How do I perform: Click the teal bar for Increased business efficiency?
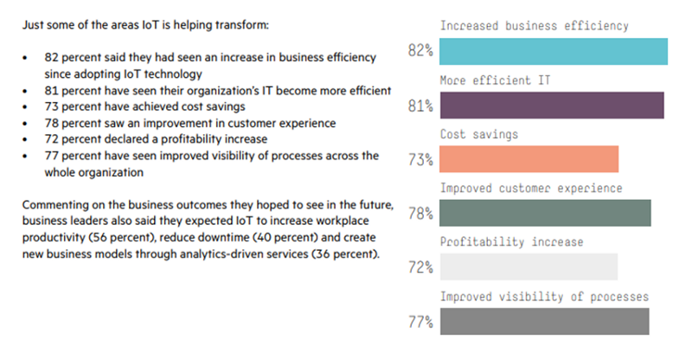554,52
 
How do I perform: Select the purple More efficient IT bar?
552,106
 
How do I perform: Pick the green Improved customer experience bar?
545,213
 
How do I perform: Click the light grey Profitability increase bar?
529,267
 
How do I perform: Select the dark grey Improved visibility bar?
544,321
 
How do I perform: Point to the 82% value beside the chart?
420,52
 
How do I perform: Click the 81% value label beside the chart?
420,106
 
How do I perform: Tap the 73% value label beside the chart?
420,160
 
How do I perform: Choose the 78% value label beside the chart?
420,214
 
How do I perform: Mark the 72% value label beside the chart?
420,267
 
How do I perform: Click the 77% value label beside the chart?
420,322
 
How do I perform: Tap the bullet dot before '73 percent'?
28,105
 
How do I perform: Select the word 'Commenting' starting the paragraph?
54,203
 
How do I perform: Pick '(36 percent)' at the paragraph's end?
343,255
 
